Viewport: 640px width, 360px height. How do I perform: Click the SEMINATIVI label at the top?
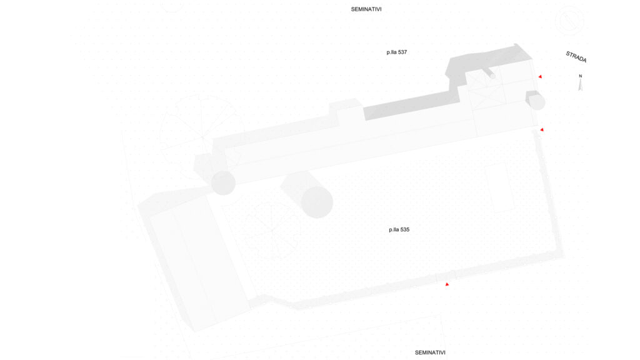click(x=366, y=9)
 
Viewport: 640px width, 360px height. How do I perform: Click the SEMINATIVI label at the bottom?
click(x=430, y=352)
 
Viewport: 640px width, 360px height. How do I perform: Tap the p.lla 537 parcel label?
click(x=397, y=52)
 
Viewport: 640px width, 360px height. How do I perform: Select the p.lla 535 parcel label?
click(x=399, y=230)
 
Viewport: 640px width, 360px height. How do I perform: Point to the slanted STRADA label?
click(x=576, y=57)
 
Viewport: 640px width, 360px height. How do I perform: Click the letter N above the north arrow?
click(x=580, y=76)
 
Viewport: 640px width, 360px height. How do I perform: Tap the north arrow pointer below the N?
click(x=580, y=84)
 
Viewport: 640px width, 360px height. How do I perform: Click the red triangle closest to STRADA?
click(x=540, y=76)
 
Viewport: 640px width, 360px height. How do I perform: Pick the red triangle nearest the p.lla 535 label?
click(x=447, y=284)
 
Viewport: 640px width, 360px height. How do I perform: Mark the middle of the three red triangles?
click(x=542, y=130)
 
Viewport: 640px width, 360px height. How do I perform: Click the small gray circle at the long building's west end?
click(x=223, y=182)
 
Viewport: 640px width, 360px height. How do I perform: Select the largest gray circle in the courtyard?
click(x=317, y=202)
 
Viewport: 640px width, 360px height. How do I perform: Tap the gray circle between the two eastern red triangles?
click(x=537, y=102)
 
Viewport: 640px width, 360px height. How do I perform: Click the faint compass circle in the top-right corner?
click(x=569, y=19)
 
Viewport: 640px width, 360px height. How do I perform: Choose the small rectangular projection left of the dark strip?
click(x=346, y=109)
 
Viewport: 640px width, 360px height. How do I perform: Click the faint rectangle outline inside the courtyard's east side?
click(x=499, y=187)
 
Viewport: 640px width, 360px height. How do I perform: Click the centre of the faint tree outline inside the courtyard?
click(x=271, y=231)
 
